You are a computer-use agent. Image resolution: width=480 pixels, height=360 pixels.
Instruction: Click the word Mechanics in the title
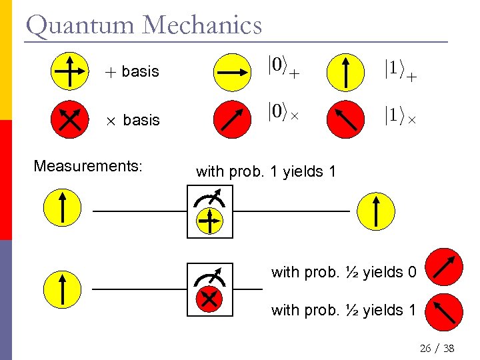coord(202,25)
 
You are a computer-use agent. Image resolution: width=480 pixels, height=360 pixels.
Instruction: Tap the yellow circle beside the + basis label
coord(69,70)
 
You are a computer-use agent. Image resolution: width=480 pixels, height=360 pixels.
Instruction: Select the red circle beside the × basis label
coord(69,119)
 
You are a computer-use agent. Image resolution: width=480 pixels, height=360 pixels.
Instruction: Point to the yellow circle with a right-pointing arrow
coord(231,70)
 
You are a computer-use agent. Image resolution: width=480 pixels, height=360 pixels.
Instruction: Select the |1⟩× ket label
coord(401,115)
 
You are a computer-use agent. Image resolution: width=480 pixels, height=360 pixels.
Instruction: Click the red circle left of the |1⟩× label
coord(345,119)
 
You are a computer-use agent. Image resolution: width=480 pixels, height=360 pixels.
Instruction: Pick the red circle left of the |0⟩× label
coord(231,119)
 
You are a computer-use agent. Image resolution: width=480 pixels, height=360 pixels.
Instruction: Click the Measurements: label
coord(88,166)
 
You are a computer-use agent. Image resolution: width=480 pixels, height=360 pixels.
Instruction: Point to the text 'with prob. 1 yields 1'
coord(266,171)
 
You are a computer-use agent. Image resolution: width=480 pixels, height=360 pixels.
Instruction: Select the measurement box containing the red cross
coord(209,289)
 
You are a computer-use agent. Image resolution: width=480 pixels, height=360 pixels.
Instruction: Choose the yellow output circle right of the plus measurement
coord(376,210)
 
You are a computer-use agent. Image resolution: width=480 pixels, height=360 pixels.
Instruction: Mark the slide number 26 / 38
coord(437,348)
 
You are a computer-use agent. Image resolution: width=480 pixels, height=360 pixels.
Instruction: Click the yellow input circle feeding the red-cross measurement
coord(61,289)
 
